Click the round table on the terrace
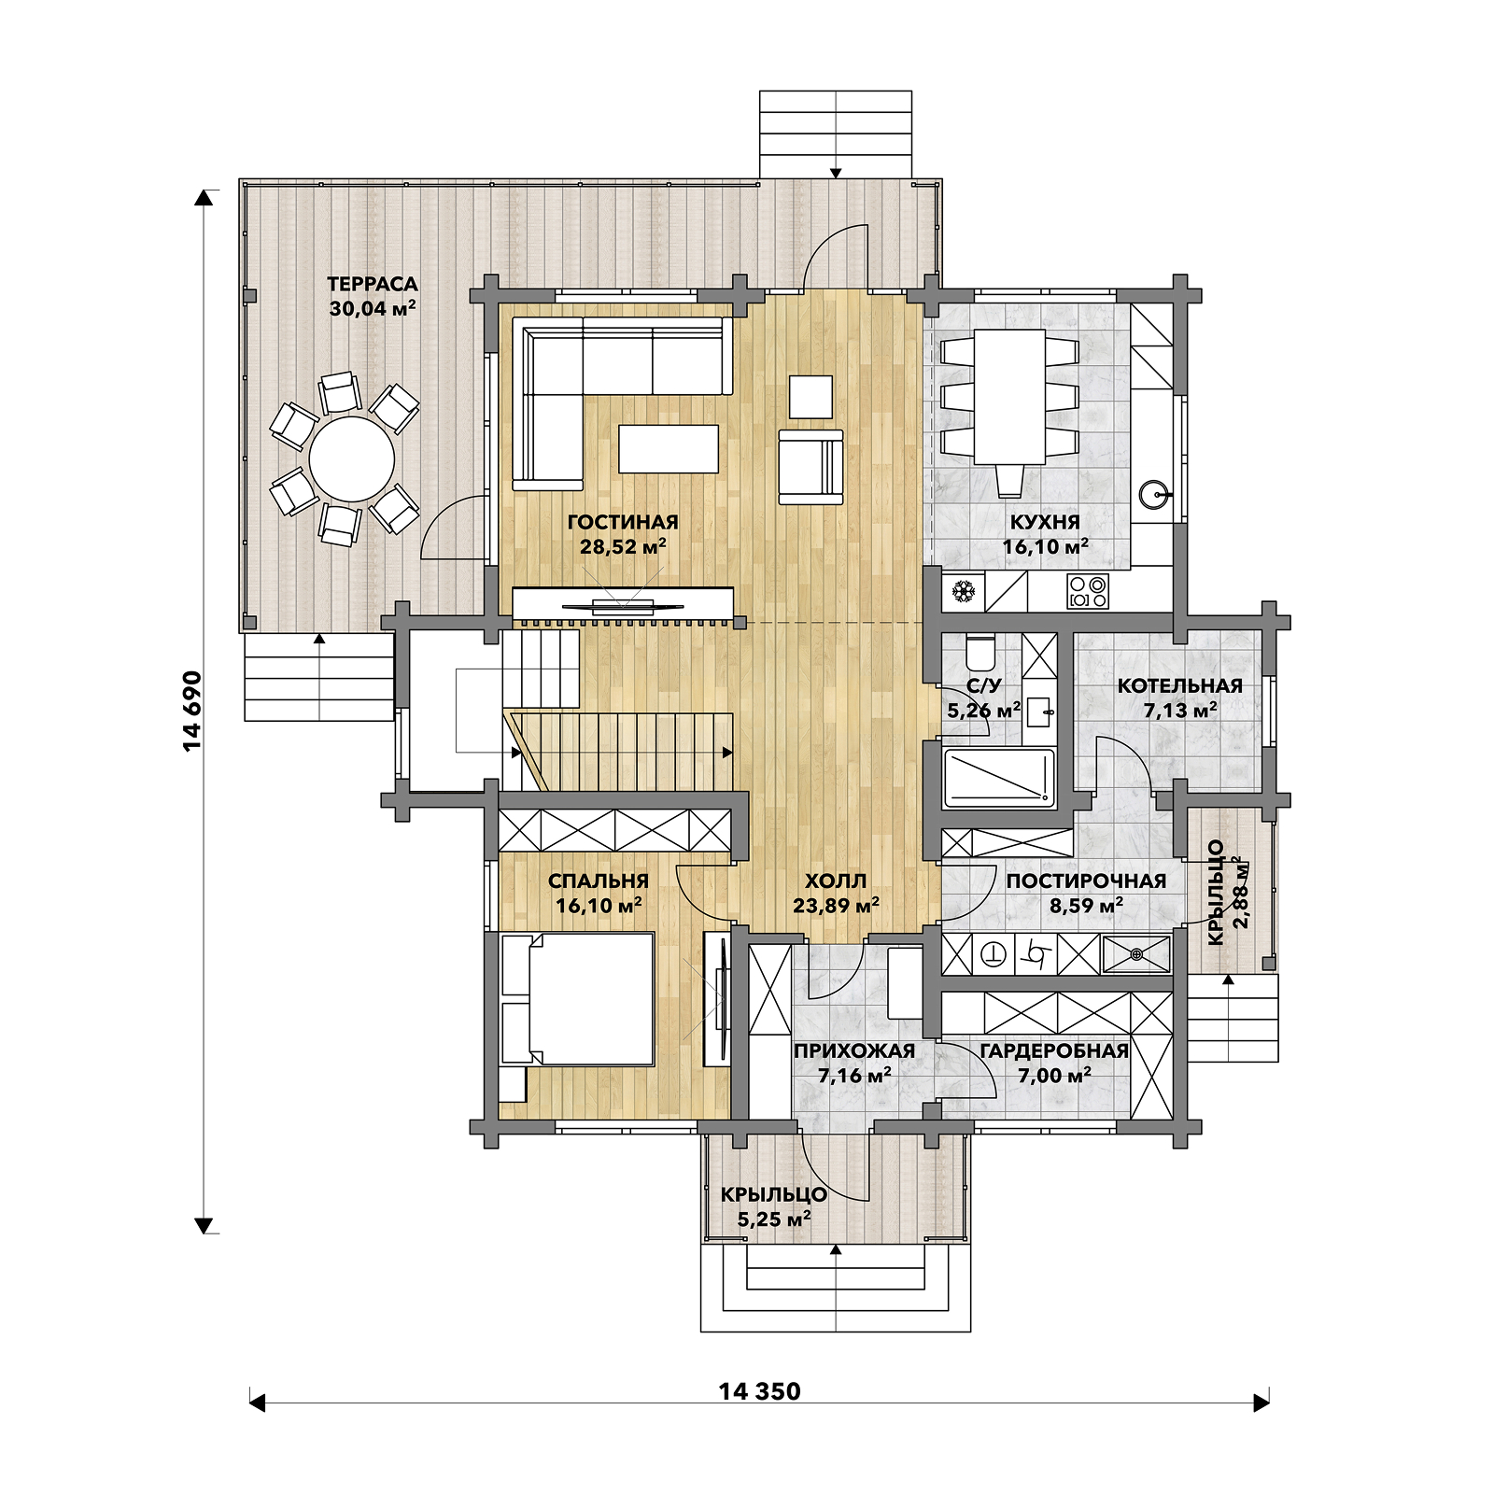(352, 459)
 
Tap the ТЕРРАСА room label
(373, 284)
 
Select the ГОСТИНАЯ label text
(623, 522)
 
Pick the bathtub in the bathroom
(999, 777)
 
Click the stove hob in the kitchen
(1088, 591)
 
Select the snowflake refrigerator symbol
(964, 591)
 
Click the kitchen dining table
(1009, 396)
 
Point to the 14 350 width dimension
(759, 1391)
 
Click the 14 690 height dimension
(191, 711)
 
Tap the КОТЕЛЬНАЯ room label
(1180, 685)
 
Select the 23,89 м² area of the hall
(836, 905)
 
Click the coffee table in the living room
(669, 448)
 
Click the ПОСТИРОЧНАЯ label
(1086, 881)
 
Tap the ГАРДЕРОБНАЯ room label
(1054, 1051)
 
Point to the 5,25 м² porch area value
(774, 1219)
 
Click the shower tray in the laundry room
(1136, 954)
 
